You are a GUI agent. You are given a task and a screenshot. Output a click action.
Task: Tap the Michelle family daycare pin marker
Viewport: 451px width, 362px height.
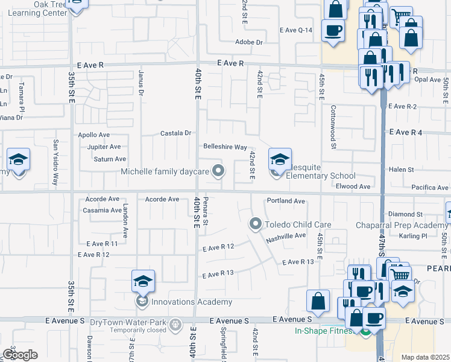(219, 171)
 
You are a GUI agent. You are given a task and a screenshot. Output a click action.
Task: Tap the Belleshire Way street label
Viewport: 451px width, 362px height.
(225, 147)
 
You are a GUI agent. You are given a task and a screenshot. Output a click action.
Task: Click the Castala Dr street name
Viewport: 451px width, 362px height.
(175, 133)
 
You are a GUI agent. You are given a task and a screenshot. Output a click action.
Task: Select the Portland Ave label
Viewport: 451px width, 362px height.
(286, 201)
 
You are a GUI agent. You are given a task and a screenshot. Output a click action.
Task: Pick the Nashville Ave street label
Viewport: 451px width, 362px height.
(286, 237)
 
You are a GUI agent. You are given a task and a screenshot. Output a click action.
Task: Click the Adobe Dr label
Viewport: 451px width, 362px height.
(251, 42)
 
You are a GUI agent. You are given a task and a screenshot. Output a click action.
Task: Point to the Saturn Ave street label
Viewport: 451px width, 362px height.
(110, 159)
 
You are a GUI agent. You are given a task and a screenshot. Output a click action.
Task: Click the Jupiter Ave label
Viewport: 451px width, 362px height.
(104, 147)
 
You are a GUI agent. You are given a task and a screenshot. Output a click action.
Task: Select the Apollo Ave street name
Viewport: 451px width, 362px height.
(94, 135)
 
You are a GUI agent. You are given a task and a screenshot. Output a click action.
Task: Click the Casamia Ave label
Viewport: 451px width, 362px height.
(102, 210)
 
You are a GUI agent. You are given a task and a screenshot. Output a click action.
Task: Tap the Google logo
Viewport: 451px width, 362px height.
(20, 355)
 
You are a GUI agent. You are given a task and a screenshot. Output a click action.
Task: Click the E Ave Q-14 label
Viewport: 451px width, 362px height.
(296, 30)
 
